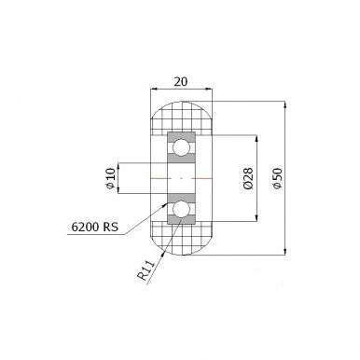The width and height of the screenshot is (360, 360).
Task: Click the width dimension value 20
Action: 181,81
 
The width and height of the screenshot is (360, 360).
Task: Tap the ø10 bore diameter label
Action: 111,178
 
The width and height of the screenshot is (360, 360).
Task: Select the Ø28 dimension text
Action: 249,178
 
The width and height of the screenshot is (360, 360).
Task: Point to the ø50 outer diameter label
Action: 277,178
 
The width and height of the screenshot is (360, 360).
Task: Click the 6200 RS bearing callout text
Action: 95,227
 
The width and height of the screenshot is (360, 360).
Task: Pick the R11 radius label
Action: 146,270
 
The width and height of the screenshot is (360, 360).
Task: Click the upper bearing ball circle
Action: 182,146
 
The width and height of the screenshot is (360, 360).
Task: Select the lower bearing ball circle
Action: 182,209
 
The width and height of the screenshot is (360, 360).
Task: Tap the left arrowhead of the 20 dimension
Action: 154,90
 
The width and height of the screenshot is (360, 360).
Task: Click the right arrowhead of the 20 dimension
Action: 208,90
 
